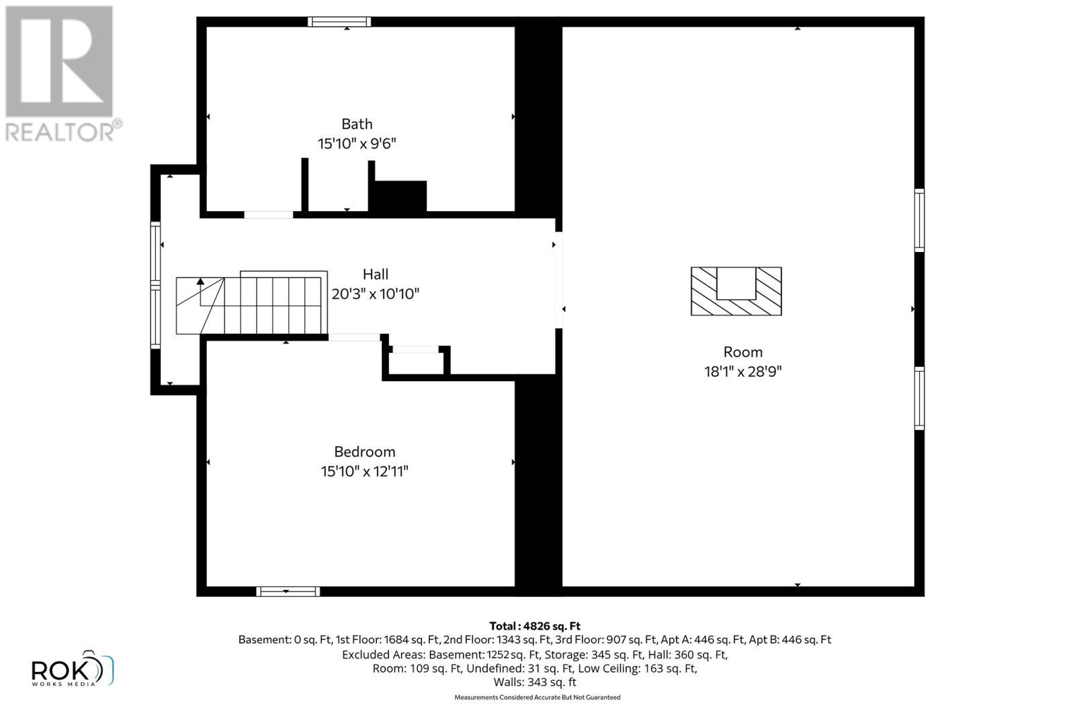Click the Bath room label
[357, 124]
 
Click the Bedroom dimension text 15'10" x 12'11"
[364, 472]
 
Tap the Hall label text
[376, 274]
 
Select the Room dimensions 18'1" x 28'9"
[742, 372]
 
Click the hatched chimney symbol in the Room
[736, 292]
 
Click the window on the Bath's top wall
[339, 22]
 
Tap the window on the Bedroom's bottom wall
[288, 591]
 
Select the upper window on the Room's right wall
[919, 220]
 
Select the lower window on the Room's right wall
[919, 398]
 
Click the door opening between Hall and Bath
[268, 215]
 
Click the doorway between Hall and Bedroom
[354, 337]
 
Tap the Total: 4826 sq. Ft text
[535, 626]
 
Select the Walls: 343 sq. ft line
[535, 682]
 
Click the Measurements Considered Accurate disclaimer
[537, 698]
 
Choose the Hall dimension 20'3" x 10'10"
[375, 294]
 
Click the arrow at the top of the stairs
[200, 282]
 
